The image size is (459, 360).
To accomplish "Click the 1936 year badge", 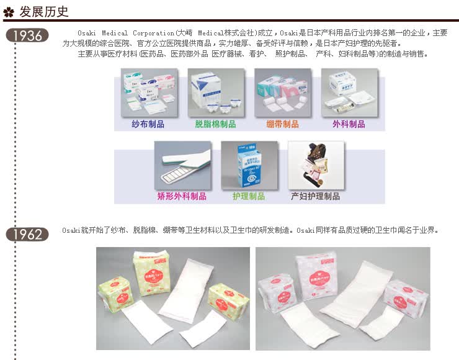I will click(27, 35).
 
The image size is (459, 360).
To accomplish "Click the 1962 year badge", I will click(27, 234).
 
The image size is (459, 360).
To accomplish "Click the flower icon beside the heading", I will click(9, 11).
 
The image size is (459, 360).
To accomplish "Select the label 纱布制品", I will click(148, 124).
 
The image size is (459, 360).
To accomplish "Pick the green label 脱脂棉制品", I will click(215, 124).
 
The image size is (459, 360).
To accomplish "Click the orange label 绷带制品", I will click(282, 124).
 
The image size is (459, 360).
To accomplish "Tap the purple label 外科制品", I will click(349, 124).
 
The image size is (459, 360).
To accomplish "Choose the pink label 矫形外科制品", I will click(182, 196).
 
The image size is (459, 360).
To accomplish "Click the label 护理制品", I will click(249, 196).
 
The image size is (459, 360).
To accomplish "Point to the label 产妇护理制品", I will click(315, 196).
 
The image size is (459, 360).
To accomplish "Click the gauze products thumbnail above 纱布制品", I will click(149, 92).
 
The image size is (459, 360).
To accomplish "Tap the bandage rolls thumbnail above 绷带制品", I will click(282, 92).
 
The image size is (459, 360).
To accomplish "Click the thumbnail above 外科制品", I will click(349, 92).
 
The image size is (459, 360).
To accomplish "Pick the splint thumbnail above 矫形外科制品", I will click(182, 164).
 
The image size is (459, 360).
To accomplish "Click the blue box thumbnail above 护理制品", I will click(249, 164).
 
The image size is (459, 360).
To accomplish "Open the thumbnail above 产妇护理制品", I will click(316, 164).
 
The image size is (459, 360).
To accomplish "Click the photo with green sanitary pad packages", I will click(172, 298).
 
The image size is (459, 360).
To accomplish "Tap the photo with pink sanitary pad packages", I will click(342, 298).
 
